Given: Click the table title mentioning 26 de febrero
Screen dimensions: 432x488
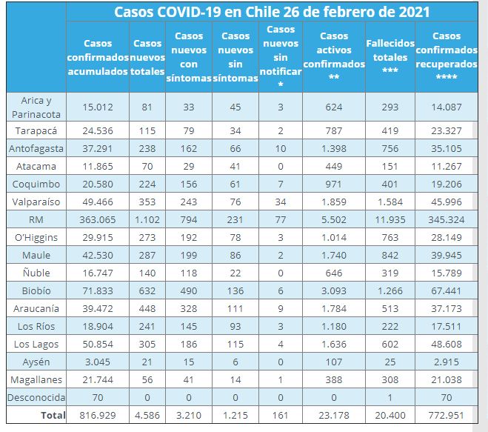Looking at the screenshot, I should [272, 13].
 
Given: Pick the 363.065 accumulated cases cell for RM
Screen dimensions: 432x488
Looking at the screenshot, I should [98, 220].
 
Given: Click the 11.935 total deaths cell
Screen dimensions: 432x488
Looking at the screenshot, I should [390, 220].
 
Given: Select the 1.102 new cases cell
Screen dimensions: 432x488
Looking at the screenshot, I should [151, 220].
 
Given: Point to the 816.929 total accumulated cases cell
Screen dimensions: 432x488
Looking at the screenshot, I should [98, 416].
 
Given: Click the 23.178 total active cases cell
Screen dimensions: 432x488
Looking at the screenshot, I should [334, 416].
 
